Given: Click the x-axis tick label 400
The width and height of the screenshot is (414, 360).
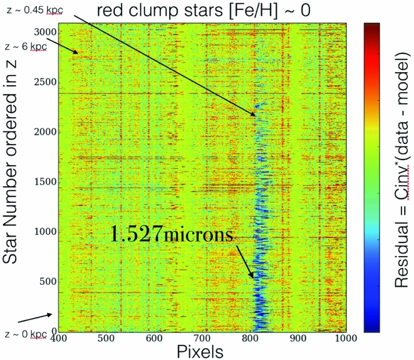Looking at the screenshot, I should (x=58, y=339).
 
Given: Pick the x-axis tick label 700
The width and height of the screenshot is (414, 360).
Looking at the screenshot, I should (x=202, y=339).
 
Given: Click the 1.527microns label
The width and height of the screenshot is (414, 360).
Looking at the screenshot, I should (x=172, y=235).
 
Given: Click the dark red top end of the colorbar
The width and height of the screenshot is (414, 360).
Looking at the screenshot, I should (x=373, y=25).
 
